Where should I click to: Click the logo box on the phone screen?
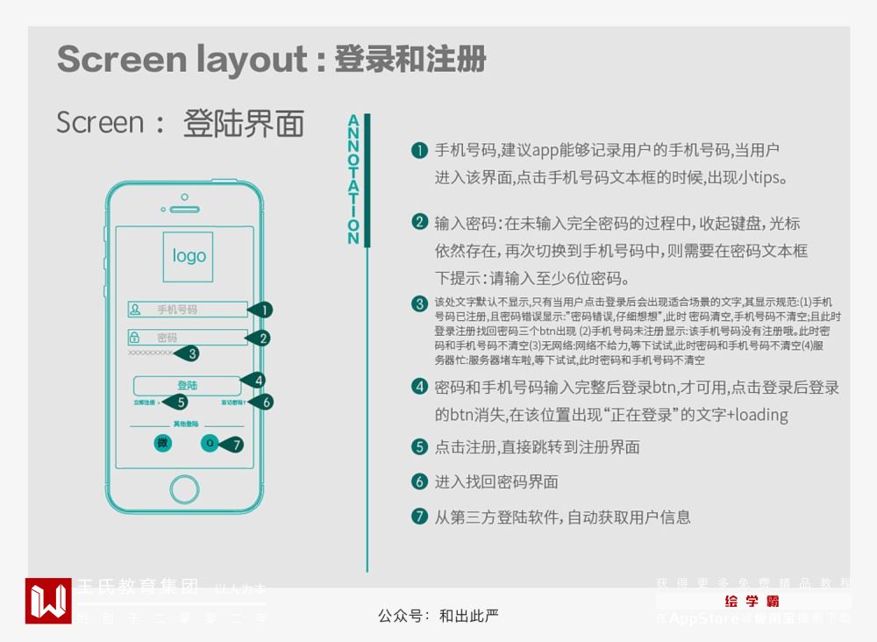(189, 256)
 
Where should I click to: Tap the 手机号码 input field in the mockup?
(188, 310)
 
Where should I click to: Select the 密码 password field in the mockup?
(188, 338)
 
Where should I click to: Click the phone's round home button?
(185, 489)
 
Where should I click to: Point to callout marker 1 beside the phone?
(263, 310)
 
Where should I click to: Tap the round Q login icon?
(210, 444)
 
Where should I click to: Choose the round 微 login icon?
(162, 444)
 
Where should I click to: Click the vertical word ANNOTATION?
(353, 180)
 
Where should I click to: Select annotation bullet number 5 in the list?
(420, 447)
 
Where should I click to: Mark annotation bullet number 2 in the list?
(420, 222)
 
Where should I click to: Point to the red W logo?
(48, 601)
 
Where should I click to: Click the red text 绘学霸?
(752, 602)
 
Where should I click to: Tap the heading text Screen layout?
(182, 60)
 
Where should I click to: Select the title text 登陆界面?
(243, 124)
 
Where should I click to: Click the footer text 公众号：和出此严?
(438, 616)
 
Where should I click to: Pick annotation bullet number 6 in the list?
(420, 481)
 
